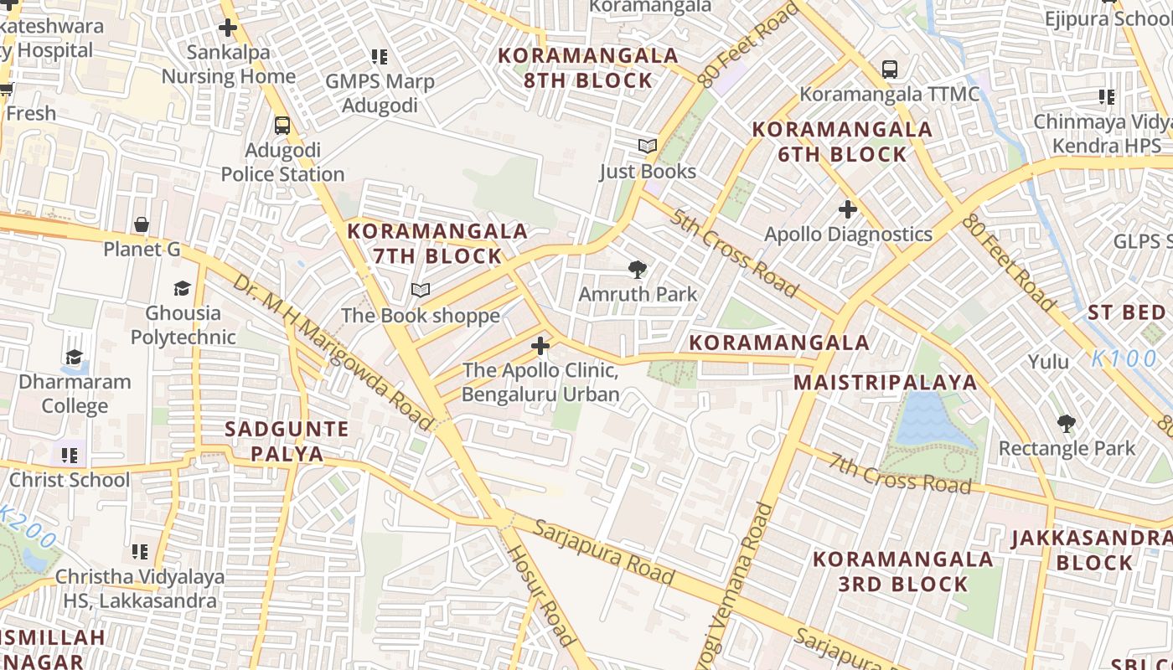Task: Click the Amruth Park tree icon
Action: [638, 270]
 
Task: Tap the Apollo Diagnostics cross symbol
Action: [848, 209]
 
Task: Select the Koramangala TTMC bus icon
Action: [889, 70]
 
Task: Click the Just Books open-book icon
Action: [647, 147]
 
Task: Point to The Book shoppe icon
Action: [421, 291]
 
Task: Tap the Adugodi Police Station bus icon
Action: [282, 126]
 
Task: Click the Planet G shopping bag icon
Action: [142, 224]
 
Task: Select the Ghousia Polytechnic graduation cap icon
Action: [182, 289]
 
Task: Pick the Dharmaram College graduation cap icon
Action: [75, 358]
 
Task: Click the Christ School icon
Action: [70, 456]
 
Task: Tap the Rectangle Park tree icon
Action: [1066, 423]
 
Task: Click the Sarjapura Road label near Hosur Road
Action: [603, 552]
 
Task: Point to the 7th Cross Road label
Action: [901, 472]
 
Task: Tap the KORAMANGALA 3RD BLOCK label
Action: [903, 571]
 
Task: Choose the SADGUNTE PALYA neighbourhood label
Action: [287, 441]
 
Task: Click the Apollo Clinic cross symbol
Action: [540, 345]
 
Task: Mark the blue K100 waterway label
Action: [1125, 358]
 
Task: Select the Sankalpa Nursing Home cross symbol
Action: [227, 28]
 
